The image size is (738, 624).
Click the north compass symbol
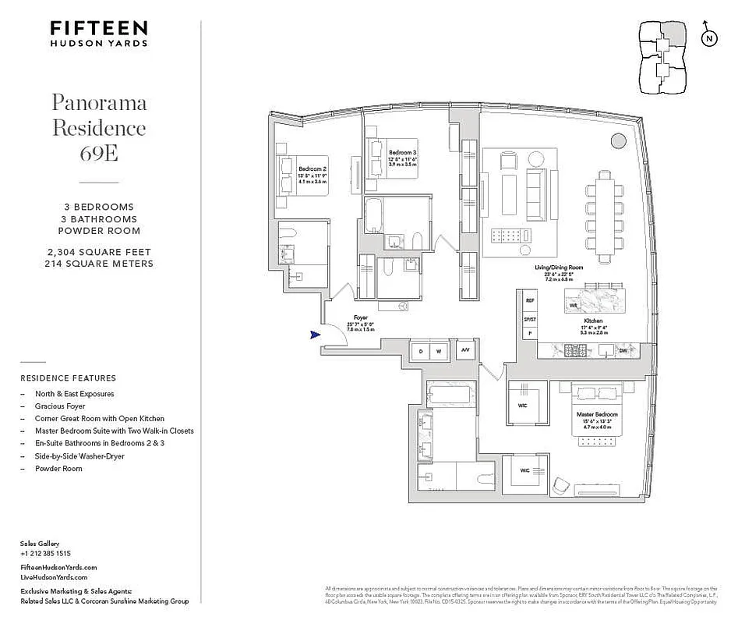[708, 38]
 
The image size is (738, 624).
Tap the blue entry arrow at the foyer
[315, 335]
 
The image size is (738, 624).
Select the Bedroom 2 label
[312, 168]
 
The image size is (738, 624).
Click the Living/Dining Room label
[558, 268]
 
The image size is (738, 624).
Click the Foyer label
[360, 317]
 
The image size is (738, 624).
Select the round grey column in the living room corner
[618, 141]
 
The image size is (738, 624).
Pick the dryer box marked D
[421, 352]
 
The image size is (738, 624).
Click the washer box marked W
[439, 352]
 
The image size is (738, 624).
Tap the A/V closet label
[465, 351]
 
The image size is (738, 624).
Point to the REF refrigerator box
[530, 300]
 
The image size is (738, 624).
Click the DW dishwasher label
[623, 351]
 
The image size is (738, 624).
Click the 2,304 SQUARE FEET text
[99, 252]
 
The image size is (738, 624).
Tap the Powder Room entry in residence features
[58, 469]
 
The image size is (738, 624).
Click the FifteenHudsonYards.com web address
[58, 568]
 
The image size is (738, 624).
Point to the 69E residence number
[99, 152]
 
